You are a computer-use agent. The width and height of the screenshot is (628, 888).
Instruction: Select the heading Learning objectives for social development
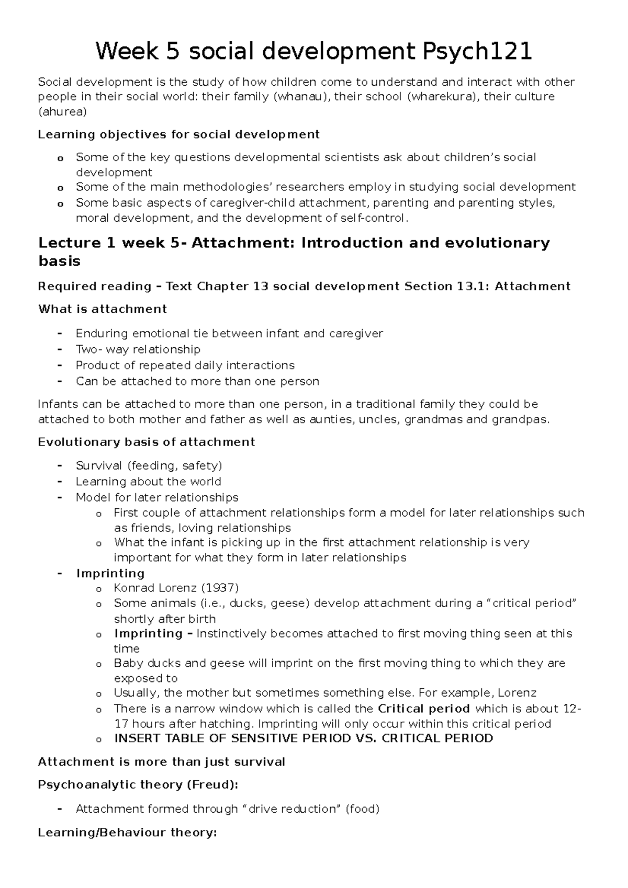click(178, 134)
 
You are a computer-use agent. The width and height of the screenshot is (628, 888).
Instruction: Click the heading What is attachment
click(103, 309)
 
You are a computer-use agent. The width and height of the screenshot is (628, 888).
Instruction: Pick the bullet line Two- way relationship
click(138, 349)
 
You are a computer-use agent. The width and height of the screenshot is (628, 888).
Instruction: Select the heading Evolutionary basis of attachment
click(147, 442)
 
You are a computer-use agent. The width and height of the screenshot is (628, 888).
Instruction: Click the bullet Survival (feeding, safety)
click(149, 465)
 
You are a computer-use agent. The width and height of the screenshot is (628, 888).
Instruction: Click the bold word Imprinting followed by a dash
click(148, 633)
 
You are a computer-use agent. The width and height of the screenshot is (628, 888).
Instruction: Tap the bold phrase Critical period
click(423, 709)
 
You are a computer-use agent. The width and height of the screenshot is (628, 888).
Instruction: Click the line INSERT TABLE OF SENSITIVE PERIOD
click(303, 739)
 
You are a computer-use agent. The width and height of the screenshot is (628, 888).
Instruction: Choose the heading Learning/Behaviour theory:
click(127, 833)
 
